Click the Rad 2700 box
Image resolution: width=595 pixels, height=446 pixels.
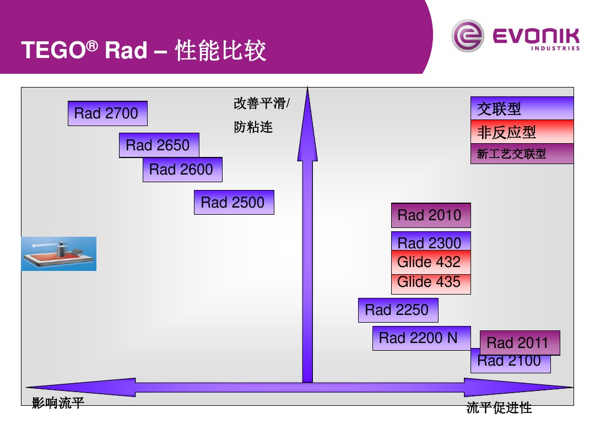(107, 113)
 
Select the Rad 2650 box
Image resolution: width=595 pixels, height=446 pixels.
(159, 145)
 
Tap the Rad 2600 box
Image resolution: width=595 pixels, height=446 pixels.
(182, 170)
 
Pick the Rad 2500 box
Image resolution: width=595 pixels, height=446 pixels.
(234, 202)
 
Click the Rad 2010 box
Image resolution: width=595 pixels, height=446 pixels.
(430, 215)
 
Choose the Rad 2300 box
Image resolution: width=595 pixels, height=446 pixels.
(430, 241)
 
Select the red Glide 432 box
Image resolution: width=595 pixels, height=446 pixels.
(430, 262)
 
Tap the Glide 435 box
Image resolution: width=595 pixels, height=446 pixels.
(430, 283)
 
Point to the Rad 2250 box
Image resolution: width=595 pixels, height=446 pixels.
(398, 310)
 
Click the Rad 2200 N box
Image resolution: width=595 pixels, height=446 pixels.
(421, 338)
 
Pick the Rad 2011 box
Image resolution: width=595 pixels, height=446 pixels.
(520, 342)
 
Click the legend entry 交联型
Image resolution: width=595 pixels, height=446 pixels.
(522, 108)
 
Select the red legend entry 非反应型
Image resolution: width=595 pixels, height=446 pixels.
(522, 132)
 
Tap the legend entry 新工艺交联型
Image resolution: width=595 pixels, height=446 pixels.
(522, 154)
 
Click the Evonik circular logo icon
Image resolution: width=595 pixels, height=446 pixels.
(467, 36)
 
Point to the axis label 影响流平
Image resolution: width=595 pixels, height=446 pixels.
(58, 404)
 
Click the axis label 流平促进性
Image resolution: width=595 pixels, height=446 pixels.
(499, 408)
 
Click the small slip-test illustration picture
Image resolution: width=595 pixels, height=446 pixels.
(59, 254)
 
